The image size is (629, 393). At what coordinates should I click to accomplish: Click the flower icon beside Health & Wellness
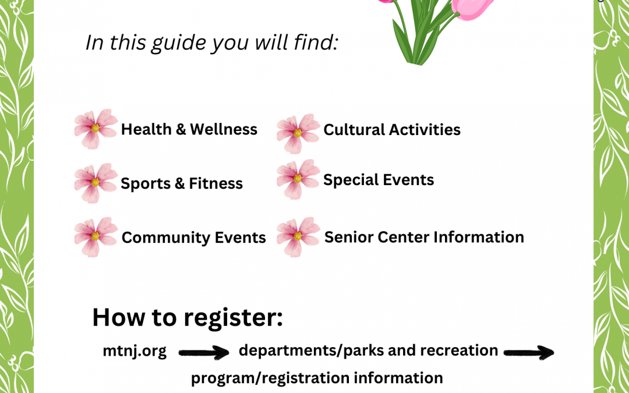tap(96, 129)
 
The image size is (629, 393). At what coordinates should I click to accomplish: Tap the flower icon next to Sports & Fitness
tap(96, 183)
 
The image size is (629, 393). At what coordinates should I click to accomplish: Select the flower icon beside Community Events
tap(96, 237)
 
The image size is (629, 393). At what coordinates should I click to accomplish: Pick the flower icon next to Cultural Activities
tap(298, 133)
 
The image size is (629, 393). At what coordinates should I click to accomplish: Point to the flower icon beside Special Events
tap(298, 179)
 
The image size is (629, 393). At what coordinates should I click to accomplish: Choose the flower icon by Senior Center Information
tap(298, 237)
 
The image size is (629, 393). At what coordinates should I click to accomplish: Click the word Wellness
tap(224, 129)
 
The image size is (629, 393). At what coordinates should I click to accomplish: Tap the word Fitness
tap(216, 183)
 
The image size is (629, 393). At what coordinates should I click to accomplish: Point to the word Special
tap(347, 180)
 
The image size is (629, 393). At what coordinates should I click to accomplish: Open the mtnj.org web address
tap(135, 351)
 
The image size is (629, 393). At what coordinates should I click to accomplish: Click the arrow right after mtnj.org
tap(204, 353)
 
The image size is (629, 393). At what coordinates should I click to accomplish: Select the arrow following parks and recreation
tap(529, 353)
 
